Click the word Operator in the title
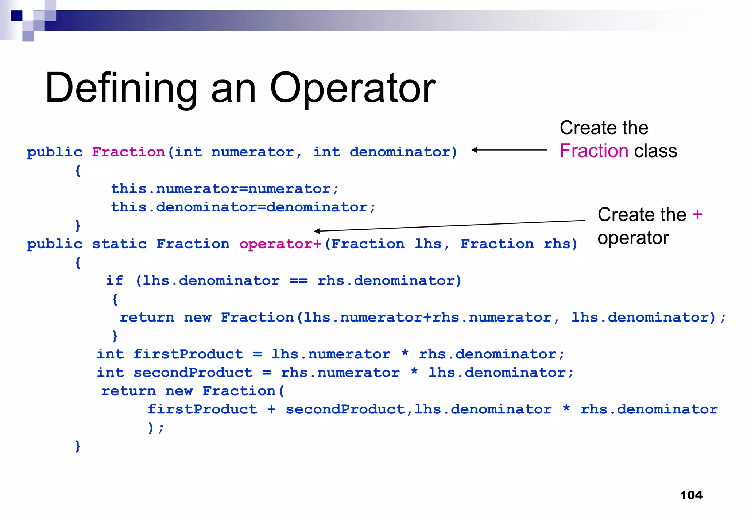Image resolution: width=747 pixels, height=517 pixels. pos(352,89)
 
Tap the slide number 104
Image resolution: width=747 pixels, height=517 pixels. pos(691,495)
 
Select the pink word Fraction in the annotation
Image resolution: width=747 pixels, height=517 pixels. pos(594,151)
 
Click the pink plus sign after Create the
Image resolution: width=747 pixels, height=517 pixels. pos(697,214)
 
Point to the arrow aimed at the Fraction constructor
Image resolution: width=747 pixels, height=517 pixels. pos(509,150)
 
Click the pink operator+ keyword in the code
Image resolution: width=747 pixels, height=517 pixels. pos(280,244)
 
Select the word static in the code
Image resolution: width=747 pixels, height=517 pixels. pos(119,244)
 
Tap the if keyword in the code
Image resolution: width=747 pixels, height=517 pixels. pos(115,281)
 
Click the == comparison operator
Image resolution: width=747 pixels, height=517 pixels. pos(299,281)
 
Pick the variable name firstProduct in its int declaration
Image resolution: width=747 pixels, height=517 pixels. pos(188,354)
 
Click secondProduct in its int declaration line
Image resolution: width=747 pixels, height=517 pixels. pos(193,373)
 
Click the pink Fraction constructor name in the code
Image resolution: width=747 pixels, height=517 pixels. pos(128,152)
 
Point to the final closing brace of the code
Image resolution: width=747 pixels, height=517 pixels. pos(78,446)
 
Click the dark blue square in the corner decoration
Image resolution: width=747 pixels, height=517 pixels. pos(16,16)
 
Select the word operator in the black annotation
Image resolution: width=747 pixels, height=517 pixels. pos(633,238)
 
